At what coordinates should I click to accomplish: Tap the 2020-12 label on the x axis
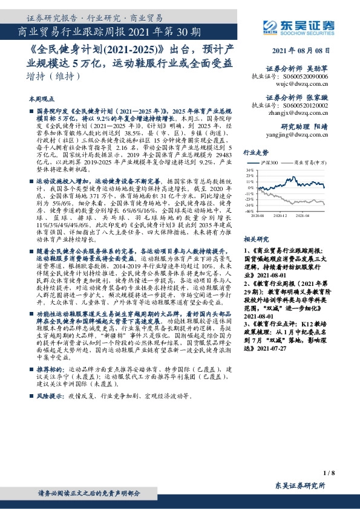(280, 215)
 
